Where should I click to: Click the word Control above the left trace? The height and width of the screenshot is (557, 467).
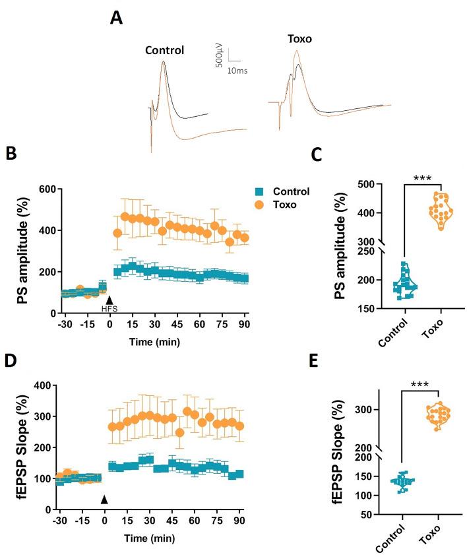tap(165, 50)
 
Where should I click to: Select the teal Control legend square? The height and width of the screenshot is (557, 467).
tap(261, 192)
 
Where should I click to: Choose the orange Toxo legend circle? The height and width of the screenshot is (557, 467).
tap(261, 205)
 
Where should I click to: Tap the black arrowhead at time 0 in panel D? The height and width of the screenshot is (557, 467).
tap(104, 500)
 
